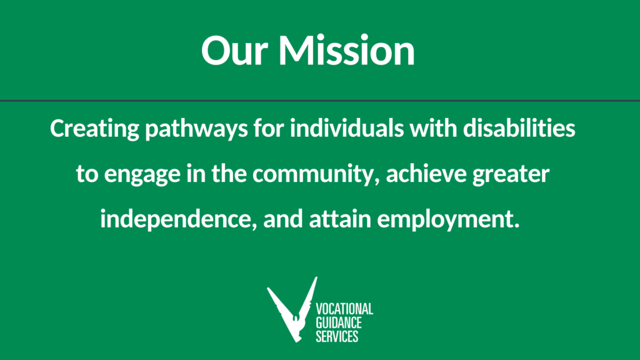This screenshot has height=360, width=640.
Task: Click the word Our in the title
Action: (234, 50)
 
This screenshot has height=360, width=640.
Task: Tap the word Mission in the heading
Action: (346, 50)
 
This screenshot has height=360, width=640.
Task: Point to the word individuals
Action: (347, 127)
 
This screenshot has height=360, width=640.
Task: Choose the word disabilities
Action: (519, 127)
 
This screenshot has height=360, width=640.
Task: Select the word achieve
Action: (426, 173)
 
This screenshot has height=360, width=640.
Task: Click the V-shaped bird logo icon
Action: (292, 310)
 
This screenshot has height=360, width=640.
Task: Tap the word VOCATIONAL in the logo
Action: (344, 309)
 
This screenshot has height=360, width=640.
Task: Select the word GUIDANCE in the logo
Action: (339, 323)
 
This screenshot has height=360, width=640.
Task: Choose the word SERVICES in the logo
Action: (337, 336)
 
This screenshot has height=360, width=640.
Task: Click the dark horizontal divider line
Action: (320, 101)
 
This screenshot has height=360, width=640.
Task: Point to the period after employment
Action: (517, 226)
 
